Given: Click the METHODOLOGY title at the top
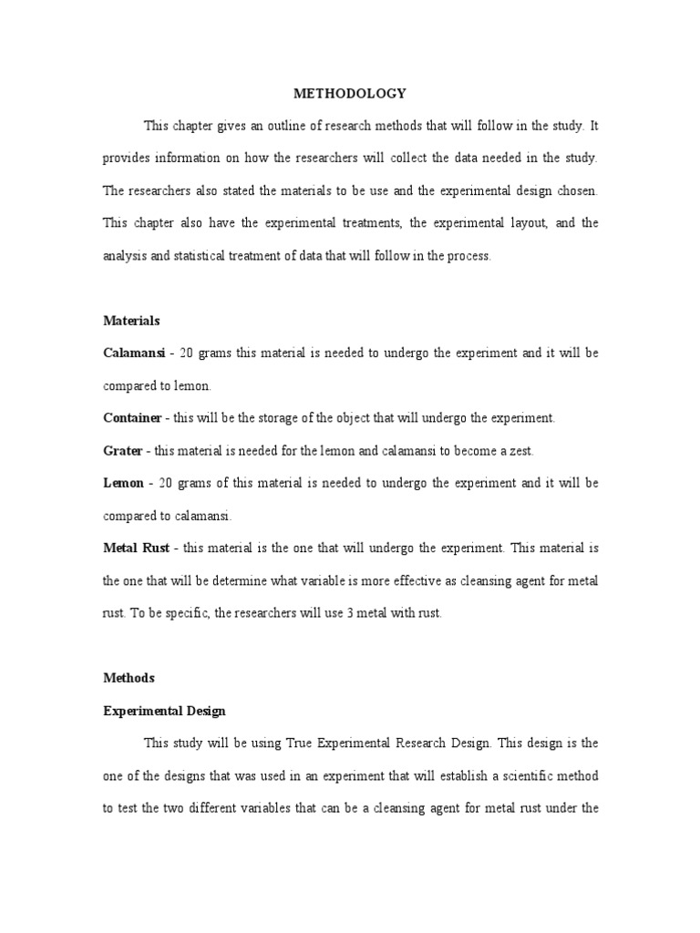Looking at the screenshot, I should coord(349,93).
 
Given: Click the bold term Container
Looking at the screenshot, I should coord(131,417).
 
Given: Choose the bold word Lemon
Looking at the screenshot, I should coord(123,483).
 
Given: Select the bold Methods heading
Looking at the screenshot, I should coord(128,678).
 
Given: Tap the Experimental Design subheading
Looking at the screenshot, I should coord(163,711).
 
